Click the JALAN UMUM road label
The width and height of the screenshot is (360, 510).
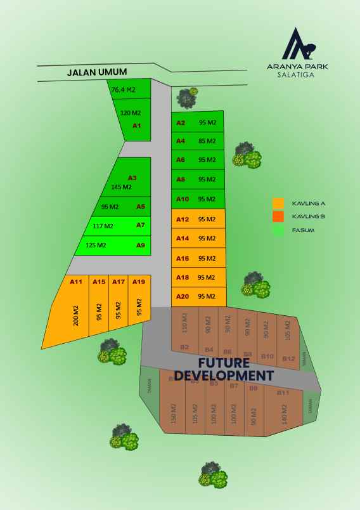point(98,72)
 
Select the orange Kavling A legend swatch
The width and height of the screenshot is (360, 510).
point(278,204)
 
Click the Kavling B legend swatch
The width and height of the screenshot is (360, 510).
point(278,217)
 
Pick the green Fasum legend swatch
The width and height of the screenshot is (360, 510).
point(278,230)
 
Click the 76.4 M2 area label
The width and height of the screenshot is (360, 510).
point(123,90)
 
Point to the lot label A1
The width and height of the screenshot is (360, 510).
point(136,126)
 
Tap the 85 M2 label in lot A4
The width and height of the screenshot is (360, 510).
point(207,141)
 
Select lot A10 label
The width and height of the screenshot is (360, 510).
point(183,199)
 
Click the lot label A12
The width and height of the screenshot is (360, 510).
point(183,219)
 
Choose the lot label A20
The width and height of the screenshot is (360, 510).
point(183,296)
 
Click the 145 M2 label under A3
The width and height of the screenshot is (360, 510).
point(121,187)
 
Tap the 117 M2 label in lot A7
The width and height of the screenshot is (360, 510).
point(103,226)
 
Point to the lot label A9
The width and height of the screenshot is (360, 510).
point(141,245)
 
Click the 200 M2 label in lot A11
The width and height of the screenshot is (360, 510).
point(76,315)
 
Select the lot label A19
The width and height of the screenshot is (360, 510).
point(139,282)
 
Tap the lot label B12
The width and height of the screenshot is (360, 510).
point(289,358)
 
